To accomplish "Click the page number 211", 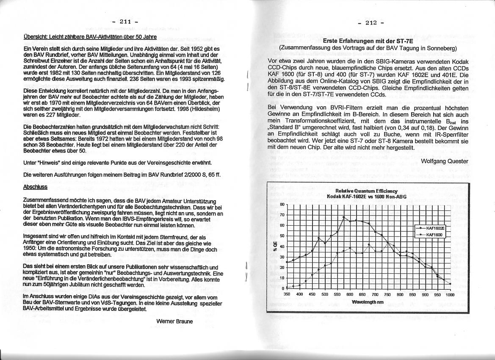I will tap(125, 21).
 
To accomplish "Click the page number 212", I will tap(371, 23).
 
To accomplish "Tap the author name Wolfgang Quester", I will tap(445, 161).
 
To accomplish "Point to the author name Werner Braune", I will tap(174, 321).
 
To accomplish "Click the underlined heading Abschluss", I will tap(36, 187).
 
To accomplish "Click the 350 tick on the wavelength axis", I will tap(287, 294).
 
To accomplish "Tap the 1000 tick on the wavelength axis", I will tap(449, 294).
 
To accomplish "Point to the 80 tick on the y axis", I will tap(282, 205).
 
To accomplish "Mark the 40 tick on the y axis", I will tap(282, 246).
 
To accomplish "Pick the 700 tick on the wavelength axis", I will tap(375, 294).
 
